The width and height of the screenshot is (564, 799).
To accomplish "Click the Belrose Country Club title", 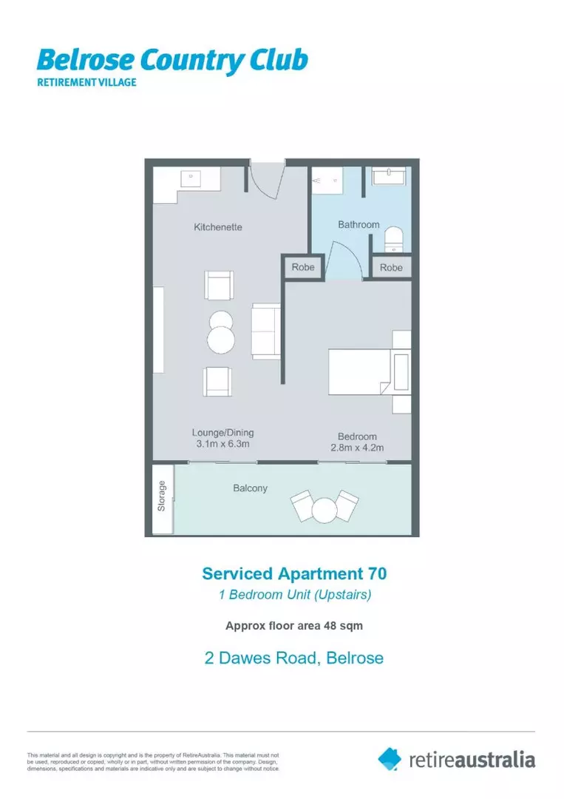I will [x=171, y=61].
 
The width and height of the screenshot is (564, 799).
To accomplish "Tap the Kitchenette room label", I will [x=217, y=227].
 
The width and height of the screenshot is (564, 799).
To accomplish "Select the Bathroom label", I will [x=359, y=224].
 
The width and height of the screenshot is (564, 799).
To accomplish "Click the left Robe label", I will [x=303, y=268].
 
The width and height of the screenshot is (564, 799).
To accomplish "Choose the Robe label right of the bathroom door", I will [x=391, y=268].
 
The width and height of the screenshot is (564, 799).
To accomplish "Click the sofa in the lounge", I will [x=264, y=331].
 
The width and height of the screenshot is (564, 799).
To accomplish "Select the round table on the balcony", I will [x=325, y=509].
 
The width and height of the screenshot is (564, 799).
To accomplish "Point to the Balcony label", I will [x=250, y=488].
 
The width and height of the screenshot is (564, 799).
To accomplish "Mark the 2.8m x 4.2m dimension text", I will [x=357, y=448].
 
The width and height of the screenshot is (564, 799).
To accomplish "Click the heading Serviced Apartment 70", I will [x=294, y=573].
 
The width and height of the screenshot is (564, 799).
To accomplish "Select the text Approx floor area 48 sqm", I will [x=293, y=625].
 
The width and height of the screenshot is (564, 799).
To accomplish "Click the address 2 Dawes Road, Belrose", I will [x=293, y=657].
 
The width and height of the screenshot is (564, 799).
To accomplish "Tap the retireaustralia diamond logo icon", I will [x=390, y=758].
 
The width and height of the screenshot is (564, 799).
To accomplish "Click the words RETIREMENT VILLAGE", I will [x=86, y=82].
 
